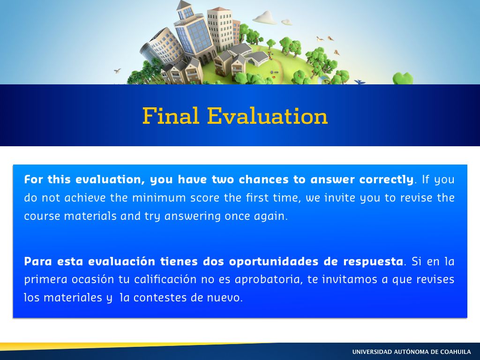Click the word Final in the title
171,116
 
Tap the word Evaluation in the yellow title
267,116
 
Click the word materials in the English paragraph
90,216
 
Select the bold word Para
38,262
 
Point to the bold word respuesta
373,262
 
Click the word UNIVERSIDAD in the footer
372,352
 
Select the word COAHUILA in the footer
455,352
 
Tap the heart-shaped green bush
403,78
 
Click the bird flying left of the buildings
117,71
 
